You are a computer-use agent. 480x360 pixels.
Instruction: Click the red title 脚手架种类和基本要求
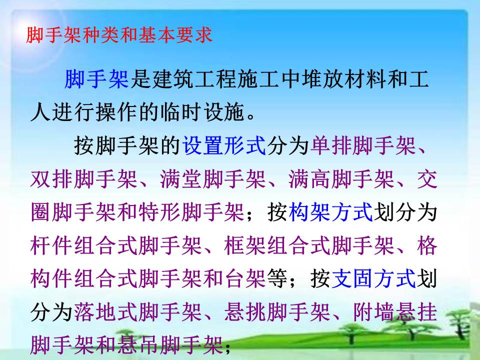click(x=119, y=35)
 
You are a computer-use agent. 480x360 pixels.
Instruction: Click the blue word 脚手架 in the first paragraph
click(x=96, y=78)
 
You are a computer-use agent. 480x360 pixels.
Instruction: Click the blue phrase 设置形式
click(x=224, y=145)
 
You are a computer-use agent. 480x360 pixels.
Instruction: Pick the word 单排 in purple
click(x=331, y=145)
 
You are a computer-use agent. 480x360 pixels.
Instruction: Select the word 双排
click(x=52, y=179)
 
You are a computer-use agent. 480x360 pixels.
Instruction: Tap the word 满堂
click(x=181, y=179)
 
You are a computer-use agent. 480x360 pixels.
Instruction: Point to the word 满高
click(x=310, y=179)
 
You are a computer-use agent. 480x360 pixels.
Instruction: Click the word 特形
click(x=160, y=212)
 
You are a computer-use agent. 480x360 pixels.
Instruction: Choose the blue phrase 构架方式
click(x=331, y=212)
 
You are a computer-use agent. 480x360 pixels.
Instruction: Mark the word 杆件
click(x=52, y=245)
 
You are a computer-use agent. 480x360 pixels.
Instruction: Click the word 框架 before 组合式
click(x=245, y=245)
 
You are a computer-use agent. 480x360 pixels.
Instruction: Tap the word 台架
click(x=245, y=278)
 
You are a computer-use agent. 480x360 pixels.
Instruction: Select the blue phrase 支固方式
click(x=374, y=278)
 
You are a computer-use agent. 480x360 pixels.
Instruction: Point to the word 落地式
click(x=105, y=312)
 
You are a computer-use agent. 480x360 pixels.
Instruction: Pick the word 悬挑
click(x=245, y=312)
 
